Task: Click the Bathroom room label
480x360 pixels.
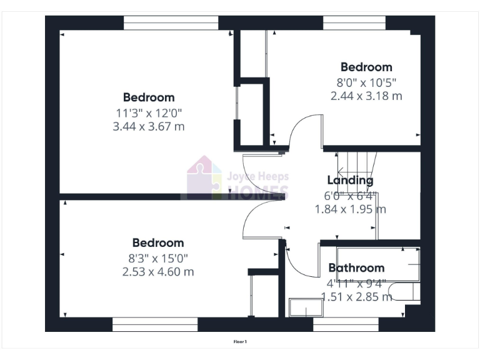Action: coord(356,268)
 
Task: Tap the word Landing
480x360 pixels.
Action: coord(350,181)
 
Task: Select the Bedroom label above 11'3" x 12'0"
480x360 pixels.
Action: coord(149,97)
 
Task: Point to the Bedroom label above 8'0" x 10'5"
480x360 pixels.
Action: coord(366,67)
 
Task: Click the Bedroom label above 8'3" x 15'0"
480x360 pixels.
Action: coord(158,242)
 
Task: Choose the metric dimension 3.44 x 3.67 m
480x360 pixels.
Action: coord(149,127)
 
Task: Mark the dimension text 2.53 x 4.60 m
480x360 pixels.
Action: coord(158,272)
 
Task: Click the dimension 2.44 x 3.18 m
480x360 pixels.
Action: coord(366,96)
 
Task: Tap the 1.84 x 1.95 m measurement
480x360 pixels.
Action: coord(350,209)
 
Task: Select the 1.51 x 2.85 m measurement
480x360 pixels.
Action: coord(356,297)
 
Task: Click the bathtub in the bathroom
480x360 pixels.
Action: coord(377,264)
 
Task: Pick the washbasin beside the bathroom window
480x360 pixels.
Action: coord(304,307)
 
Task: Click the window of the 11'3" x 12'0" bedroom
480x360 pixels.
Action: coord(171,22)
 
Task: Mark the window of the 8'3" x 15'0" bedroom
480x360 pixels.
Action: coord(154,324)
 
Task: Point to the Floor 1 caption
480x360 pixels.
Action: coord(240,342)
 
